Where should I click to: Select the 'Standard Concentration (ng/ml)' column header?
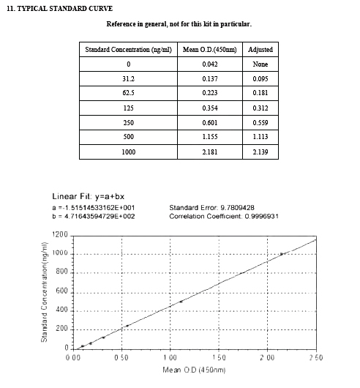point(128,49)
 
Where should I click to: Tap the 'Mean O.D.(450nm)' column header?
point(209,49)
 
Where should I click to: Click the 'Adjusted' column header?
point(260,49)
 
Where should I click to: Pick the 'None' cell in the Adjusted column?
point(260,64)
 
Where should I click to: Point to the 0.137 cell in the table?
point(209,78)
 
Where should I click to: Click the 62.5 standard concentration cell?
point(128,93)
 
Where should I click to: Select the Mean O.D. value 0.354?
point(209,108)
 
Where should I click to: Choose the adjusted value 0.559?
point(260,122)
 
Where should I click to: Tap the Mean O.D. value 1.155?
point(209,137)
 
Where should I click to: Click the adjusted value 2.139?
point(260,152)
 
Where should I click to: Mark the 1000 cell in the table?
point(128,152)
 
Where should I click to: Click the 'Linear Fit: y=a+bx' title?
point(91,196)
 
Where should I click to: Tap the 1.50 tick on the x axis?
point(219,357)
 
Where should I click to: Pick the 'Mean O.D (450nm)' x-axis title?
point(193,370)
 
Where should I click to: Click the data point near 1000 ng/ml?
point(282,254)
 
